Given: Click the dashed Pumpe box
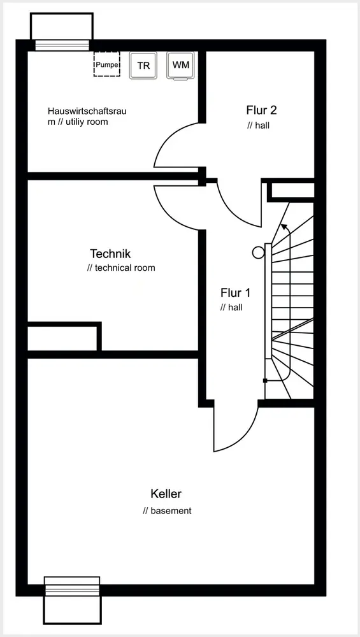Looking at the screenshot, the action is pos(107,64).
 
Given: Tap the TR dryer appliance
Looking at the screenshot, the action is pos(143,65).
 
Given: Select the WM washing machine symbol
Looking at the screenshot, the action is pos(180,66).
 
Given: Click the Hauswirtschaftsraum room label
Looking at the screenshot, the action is pos(87,116).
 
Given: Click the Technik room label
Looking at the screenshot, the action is pos(110,254).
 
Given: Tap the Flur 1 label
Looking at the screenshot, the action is pos(235,292).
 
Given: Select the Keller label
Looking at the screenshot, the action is pos(166,494).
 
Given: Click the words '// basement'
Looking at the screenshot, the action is pos(167,511).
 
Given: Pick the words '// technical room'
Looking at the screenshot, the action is pos(121,268).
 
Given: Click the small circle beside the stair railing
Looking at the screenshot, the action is pos(258,253).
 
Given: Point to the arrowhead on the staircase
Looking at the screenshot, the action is pos(284,227).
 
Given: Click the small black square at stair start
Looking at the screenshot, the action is pos(265,381).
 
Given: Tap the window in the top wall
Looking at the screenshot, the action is pos(62,45).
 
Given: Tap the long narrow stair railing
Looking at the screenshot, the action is pos(268,301).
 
